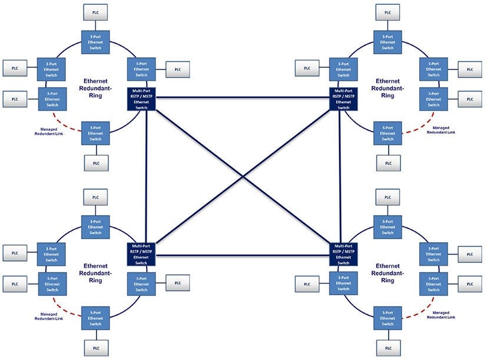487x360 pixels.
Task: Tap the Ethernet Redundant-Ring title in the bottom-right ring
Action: pos(387,273)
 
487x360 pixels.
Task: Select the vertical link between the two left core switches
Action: pos(145,176)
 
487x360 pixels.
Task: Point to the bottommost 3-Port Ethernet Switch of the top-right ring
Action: pos(387,133)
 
